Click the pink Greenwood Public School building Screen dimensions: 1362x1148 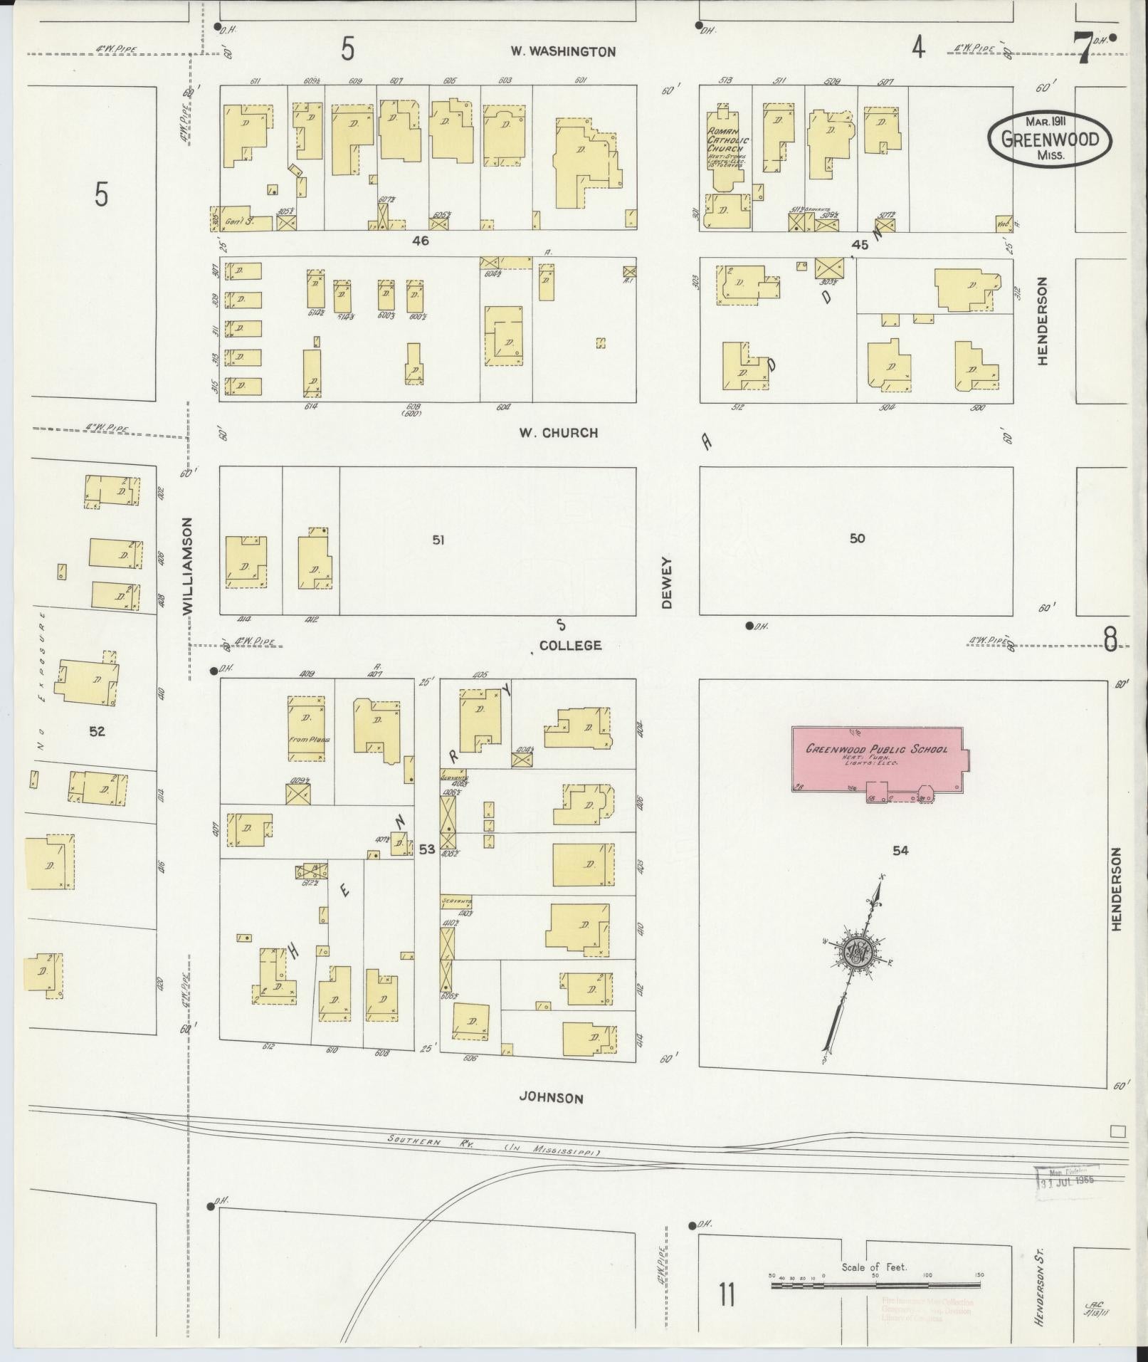877,758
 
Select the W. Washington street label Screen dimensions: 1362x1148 562,51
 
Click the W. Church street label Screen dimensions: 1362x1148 557,432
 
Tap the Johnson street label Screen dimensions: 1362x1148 551,1097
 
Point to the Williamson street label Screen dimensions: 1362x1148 188,566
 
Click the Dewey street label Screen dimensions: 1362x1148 667,582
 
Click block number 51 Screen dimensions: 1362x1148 438,540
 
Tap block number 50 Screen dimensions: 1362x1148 857,538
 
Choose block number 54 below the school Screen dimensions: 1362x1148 900,850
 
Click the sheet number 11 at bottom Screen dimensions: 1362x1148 726,1294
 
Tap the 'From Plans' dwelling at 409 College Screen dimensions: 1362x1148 309,729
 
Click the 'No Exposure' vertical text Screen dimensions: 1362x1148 41,681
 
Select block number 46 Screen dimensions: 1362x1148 421,241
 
